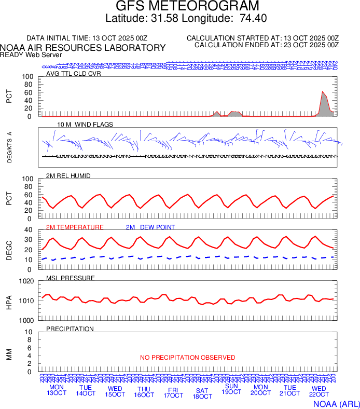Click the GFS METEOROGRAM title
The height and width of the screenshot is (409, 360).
(x=187, y=6)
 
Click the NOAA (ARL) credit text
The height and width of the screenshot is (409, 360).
(x=336, y=403)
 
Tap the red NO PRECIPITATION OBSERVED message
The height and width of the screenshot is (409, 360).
(x=187, y=358)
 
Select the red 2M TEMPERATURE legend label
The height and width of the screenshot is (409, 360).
(x=75, y=227)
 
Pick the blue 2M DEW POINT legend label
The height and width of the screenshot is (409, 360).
(x=150, y=227)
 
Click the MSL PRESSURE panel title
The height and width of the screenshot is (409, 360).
(x=71, y=278)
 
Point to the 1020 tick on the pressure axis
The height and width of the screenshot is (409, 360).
(x=27, y=281)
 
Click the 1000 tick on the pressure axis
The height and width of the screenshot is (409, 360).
(x=27, y=320)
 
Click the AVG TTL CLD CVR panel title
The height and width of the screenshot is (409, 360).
(x=74, y=74)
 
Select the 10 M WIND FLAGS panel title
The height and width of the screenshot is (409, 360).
(x=85, y=125)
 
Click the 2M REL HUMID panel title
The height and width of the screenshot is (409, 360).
(x=68, y=176)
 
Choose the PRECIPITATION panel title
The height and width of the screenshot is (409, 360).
(x=70, y=329)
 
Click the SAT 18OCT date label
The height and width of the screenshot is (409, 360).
(x=202, y=393)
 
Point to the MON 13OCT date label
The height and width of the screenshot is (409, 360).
(x=57, y=390)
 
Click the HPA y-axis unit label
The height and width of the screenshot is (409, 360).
(x=9, y=301)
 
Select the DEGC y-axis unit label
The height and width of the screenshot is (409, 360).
(x=9, y=250)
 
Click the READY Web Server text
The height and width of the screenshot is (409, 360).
(x=31, y=55)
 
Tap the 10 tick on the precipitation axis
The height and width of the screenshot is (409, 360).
(x=30, y=332)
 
